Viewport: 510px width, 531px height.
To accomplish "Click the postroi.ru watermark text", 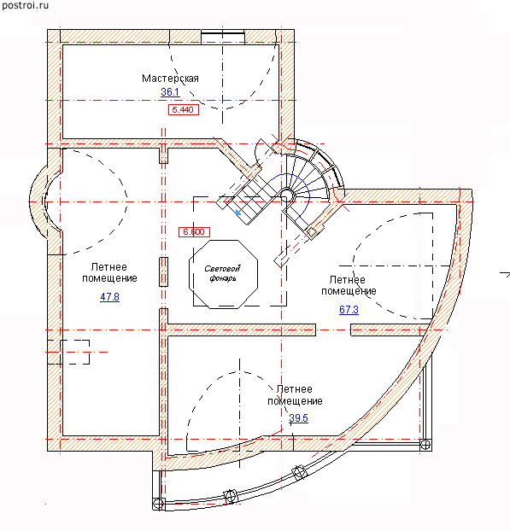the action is tap(25, 6).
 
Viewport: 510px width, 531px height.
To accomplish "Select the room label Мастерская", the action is tap(170, 79).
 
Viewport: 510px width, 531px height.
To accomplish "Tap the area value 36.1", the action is tap(170, 92).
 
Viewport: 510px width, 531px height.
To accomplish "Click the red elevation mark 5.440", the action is tap(184, 110).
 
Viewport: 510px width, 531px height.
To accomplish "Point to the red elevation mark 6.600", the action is tap(194, 232).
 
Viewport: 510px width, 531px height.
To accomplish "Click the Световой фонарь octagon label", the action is tap(223, 274).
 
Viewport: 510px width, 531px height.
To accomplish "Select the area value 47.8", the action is tap(110, 297).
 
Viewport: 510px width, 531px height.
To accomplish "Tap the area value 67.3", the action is tap(349, 310).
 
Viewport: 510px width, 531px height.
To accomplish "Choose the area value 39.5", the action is tap(298, 418).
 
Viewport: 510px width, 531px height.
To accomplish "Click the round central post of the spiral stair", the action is tap(286, 195).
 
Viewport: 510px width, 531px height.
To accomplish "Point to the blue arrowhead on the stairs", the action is tap(238, 212).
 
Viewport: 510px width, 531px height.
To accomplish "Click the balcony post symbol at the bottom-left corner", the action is tap(159, 504).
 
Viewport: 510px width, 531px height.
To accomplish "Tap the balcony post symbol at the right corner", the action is tap(425, 444).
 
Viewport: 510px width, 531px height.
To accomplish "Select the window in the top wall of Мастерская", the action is tap(223, 37).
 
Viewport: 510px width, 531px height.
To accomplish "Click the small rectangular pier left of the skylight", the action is tap(164, 272).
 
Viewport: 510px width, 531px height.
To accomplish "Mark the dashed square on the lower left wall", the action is tap(75, 353).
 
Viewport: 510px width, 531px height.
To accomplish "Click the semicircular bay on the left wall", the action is tap(38, 201).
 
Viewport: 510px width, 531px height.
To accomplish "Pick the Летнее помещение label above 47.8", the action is tap(109, 272).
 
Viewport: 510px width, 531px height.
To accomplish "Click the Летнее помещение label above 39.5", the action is tap(295, 395).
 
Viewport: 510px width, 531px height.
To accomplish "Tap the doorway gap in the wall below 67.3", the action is tap(333, 330).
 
